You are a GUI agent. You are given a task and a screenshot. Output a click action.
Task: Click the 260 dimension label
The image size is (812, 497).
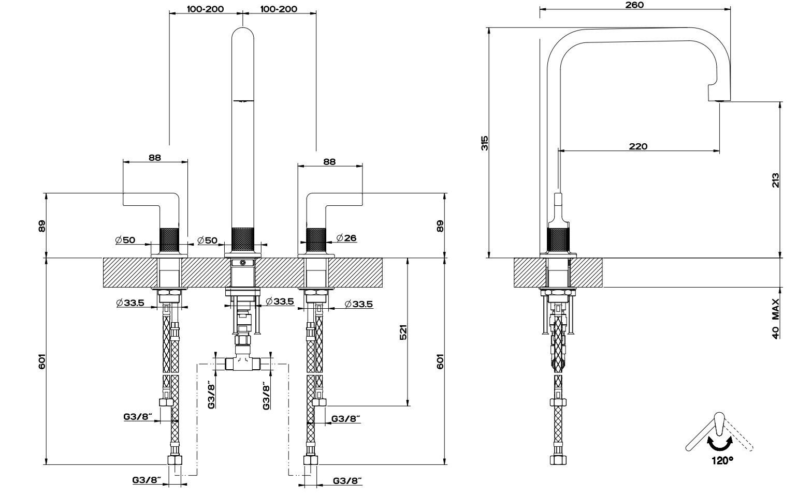point(634,5)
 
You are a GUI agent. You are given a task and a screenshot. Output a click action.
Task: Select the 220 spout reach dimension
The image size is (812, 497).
point(638,146)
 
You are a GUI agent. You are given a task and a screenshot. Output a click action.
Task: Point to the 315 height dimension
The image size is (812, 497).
point(485,143)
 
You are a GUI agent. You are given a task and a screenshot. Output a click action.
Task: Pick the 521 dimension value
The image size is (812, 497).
point(404,333)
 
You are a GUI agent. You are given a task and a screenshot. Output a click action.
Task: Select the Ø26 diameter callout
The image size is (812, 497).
point(346,238)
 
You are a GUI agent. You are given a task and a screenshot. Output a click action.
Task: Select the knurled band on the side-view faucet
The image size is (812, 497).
point(559,239)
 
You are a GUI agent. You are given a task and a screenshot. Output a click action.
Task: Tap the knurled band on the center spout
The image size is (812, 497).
point(242,239)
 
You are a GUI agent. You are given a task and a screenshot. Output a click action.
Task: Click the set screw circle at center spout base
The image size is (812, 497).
point(243,263)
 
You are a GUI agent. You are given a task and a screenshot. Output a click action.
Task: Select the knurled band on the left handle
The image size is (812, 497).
point(169,239)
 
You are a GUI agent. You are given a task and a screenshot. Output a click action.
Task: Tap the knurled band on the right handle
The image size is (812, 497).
point(316,239)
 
